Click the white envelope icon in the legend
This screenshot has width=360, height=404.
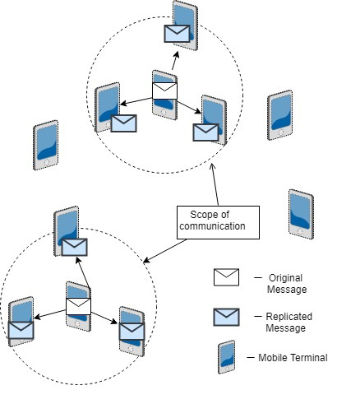[x=226, y=277]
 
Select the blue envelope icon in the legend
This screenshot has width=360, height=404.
[x=226, y=317]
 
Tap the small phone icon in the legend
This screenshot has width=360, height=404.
[x=226, y=357]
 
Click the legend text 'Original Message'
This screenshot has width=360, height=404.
[x=285, y=283]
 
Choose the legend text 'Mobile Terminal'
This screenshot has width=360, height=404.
[x=292, y=358]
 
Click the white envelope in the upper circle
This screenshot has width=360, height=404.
[x=164, y=90]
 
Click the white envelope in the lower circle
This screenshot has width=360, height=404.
[x=79, y=308]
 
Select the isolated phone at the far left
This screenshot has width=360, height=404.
[x=46, y=145]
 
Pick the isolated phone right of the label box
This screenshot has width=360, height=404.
[x=301, y=214]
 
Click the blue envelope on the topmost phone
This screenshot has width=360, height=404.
[x=177, y=34]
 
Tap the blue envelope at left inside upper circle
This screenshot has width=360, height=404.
[x=123, y=123]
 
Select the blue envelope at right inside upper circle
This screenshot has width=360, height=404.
[x=205, y=131]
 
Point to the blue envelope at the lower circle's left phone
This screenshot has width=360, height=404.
[x=22, y=329]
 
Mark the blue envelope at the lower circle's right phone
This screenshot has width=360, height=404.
[x=132, y=331]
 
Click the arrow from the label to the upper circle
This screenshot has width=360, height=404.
[x=215, y=186]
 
